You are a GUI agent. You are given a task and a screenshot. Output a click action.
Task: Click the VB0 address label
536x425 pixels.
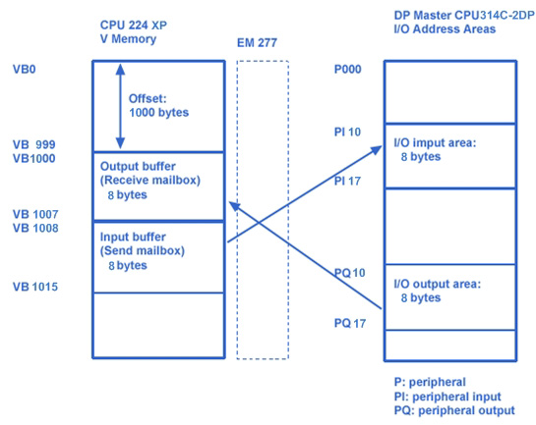[25, 70]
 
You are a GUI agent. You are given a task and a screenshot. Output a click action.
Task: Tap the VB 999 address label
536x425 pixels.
[33, 144]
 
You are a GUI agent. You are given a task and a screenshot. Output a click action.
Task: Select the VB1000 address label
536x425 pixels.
[33, 159]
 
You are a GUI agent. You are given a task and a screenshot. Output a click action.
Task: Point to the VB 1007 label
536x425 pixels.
[35, 214]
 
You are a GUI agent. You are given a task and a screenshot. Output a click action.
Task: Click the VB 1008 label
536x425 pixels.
[35, 228]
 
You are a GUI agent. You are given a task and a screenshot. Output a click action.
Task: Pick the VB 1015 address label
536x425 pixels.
[35, 287]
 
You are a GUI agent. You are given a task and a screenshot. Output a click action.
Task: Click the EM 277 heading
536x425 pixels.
[257, 43]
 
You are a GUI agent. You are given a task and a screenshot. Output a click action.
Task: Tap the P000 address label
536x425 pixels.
[347, 70]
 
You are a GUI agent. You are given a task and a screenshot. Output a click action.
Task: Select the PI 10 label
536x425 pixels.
[347, 132]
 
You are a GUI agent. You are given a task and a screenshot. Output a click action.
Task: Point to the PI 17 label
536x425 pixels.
[347, 181]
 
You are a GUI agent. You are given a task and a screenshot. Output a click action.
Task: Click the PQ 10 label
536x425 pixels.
[349, 273]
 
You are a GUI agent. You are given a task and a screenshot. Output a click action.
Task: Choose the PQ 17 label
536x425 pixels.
[350, 323]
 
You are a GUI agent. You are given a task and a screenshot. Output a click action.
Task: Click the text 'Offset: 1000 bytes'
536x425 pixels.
[158, 106]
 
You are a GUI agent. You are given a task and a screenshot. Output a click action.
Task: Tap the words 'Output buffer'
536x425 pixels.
[138, 167]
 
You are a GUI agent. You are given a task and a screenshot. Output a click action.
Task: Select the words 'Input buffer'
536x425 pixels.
[133, 237]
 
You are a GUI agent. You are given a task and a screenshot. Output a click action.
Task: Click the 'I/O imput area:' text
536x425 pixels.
[435, 142]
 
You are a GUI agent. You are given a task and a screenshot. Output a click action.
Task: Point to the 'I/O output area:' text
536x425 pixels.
[438, 284]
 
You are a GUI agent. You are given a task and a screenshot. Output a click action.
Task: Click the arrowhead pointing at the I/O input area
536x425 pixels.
[377, 150]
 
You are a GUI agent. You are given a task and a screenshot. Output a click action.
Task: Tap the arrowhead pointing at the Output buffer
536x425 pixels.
[234, 206]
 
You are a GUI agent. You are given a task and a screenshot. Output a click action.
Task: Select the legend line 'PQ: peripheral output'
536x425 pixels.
[454, 410]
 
